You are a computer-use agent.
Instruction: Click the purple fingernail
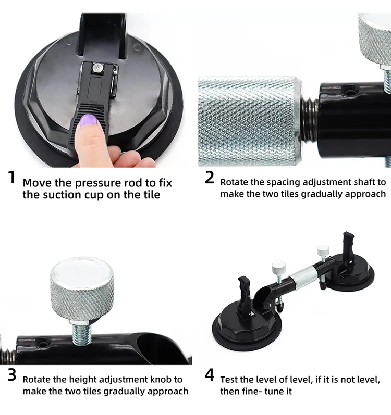tap(89, 121)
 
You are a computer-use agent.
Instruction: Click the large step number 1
tap(11, 177)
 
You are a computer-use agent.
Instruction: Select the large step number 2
tap(209, 178)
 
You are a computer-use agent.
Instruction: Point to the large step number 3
tap(12, 375)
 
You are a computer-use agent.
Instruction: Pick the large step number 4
tap(209, 375)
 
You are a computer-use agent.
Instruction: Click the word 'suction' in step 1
tap(62, 195)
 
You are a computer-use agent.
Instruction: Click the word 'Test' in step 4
tap(229, 380)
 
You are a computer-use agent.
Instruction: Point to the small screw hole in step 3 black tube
tap(42, 343)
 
